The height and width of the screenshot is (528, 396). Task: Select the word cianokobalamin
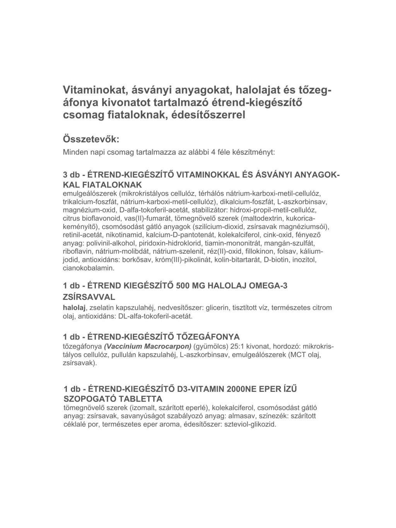pos(89,268)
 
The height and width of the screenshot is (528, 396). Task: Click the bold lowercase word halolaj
pos(74,308)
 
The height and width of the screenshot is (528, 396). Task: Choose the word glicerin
pos(212,308)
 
